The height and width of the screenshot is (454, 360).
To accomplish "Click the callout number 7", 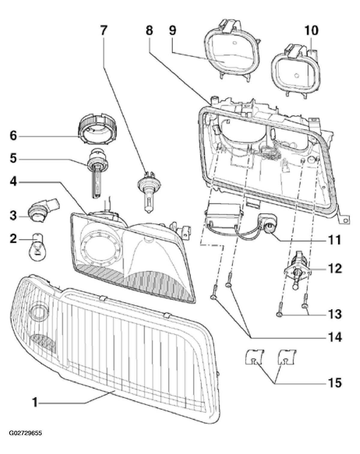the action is [x=103, y=31].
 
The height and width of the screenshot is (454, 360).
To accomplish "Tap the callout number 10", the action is [x=311, y=31].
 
